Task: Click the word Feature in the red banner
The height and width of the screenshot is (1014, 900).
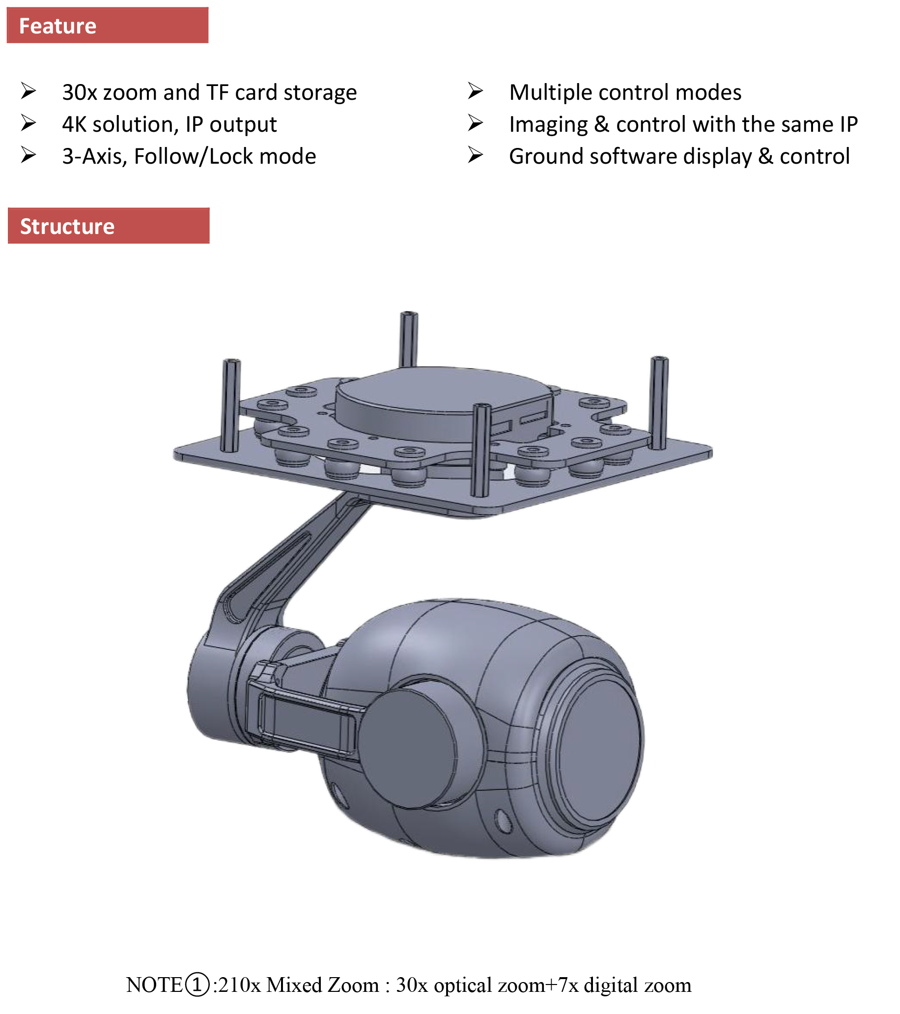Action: coord(57,26)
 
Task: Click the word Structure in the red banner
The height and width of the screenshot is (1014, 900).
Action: coord(67,227)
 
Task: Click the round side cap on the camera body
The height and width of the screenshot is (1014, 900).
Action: coord(408,750)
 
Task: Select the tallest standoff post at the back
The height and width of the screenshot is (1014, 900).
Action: coord(409,338)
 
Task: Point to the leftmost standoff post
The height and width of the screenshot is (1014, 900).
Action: coord(230,405)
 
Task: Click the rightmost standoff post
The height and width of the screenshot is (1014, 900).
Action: coord(659,402)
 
